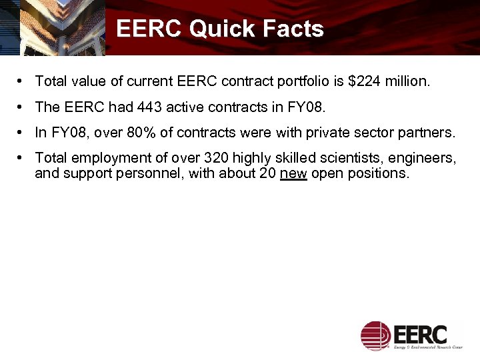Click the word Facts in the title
tap(293, 29)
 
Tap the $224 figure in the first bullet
tap(364, 82)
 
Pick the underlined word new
tap(293, 173)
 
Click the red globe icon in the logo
tap(375, 335)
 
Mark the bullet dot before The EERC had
tap(22, 107)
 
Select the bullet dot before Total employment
tap(22, 158)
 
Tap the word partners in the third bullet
tap(427, 133)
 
